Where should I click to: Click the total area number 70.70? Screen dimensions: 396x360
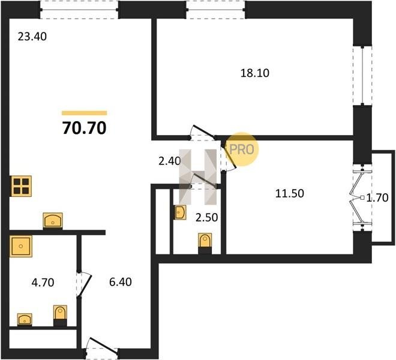point(84,128)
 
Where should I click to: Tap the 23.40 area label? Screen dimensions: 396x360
point(32,37)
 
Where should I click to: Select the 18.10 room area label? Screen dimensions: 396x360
point(255,73)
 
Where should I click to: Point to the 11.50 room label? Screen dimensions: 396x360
point(289,194)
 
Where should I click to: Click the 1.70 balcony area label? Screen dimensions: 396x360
point(377,198)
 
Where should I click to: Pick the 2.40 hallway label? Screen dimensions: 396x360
point(169,161)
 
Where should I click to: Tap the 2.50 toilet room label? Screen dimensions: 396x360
point(206,218)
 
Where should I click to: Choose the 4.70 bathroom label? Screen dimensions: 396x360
point(43,283)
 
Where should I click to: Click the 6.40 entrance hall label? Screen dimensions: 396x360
point(120,282)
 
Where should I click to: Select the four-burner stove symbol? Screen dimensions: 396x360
point(21,186)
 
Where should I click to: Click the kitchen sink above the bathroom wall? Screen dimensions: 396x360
point(53,220)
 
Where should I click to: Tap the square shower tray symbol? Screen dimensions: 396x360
point(21,246)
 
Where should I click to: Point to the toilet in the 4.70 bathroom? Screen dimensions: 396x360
point(60,315)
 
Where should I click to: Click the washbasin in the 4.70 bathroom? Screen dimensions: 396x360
point(25,319)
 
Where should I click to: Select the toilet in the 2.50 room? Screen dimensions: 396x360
point(205,243)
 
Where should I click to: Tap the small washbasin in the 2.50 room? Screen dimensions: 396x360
point(180,212)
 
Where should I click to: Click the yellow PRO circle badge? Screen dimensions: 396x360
point(242,149)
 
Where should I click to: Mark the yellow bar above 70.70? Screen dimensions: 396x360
point(85,113)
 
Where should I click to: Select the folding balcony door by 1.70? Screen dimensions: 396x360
point(359,198)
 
